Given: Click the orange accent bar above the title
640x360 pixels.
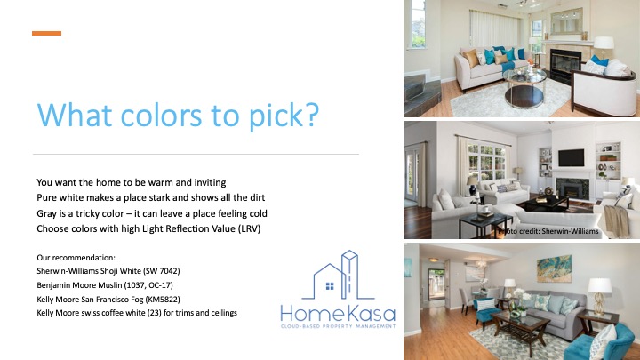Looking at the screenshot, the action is [46, 33].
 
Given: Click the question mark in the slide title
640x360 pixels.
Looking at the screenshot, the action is [311, 115].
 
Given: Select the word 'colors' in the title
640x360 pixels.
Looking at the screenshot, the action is [161, 115].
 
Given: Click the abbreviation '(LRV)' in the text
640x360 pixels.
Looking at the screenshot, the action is [249, 228].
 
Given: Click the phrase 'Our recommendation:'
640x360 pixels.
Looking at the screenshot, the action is [76, 258].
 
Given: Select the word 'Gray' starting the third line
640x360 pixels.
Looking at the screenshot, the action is [45, 213].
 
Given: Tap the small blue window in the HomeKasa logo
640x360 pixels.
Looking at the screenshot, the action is [330, 285].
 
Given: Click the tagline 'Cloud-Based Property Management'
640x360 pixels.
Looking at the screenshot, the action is [339, 326].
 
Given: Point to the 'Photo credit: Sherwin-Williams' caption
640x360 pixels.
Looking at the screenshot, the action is [548, 231].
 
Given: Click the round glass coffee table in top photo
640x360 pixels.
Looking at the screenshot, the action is [524, 87].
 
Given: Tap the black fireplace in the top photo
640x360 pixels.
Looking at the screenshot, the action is [565, 66].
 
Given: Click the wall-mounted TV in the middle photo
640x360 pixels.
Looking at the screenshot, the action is [571, 157].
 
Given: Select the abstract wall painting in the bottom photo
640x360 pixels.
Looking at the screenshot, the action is [554, 268].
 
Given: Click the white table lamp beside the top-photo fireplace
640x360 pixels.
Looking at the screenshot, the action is [604, 47].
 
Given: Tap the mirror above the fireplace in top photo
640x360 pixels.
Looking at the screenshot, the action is [566, 21].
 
